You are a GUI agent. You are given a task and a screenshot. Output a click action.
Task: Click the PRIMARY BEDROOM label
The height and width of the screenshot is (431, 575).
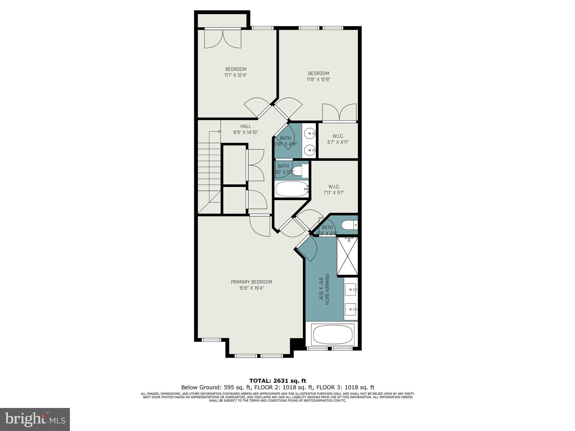click(251, 282)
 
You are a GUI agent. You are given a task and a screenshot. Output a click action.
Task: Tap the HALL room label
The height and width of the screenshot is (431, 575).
click(245, 126)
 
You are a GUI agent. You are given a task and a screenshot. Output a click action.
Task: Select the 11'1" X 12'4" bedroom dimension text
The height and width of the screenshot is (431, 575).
click(236, 75)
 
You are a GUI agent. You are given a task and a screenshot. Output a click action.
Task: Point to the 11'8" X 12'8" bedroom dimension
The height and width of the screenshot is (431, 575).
click(318, 80)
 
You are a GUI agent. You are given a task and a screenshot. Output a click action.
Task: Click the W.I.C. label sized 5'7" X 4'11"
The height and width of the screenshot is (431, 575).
click(338, 136)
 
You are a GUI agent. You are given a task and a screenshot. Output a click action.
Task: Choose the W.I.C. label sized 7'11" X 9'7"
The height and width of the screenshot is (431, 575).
click(334, 187)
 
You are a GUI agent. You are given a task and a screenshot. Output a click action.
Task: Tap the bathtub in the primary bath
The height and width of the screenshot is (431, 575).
click(333, 335)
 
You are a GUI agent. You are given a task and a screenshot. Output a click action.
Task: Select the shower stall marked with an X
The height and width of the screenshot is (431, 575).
click(347, 256)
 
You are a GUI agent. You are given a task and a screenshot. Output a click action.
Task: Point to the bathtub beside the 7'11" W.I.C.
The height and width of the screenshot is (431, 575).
click(292, 189)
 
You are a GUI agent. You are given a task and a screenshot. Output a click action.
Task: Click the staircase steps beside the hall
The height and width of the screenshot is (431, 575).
click(209, 169)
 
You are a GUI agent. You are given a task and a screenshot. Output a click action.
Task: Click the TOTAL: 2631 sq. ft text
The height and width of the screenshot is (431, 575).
click(277, 381)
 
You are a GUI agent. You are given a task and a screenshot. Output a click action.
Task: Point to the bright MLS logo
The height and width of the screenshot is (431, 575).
click(35, 419)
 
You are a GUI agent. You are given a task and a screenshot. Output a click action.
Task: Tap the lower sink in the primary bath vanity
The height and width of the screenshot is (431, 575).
click(351, 309)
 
